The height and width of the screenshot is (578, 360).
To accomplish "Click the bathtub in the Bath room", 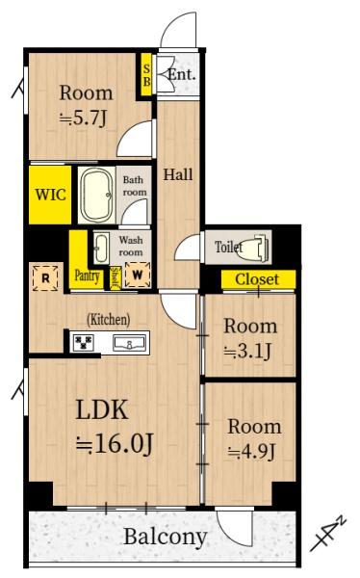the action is (96, 195).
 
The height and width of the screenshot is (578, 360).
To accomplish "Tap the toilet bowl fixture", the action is (255, 246).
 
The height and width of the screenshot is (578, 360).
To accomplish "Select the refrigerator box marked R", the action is (45, 278).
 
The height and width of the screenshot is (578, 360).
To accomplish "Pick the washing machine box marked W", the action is (138, 275).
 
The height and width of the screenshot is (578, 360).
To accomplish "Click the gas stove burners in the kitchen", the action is (84, 342).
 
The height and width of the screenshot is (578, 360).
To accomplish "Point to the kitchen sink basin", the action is (129, 344).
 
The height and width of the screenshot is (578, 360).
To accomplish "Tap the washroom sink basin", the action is (101, 248).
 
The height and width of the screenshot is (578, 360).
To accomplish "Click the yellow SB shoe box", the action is (146, 75).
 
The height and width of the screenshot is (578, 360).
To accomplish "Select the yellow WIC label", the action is (50, 195).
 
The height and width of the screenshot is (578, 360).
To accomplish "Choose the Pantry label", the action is (87, 276).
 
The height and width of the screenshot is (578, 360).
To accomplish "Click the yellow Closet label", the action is (257, 279).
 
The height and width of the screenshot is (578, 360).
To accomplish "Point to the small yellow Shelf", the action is (116, 277).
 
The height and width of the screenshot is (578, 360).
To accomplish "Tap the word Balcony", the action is (165, 537).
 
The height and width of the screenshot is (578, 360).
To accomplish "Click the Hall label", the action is (178, 174).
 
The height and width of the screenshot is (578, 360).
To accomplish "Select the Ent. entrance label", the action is (181, 75).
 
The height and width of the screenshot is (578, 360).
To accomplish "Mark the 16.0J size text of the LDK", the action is (115, 443).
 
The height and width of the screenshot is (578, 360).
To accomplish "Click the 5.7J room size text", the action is (84, 118).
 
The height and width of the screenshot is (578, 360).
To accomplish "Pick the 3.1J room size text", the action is (248, 351).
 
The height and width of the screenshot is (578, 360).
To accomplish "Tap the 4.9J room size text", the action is (251, 452).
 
